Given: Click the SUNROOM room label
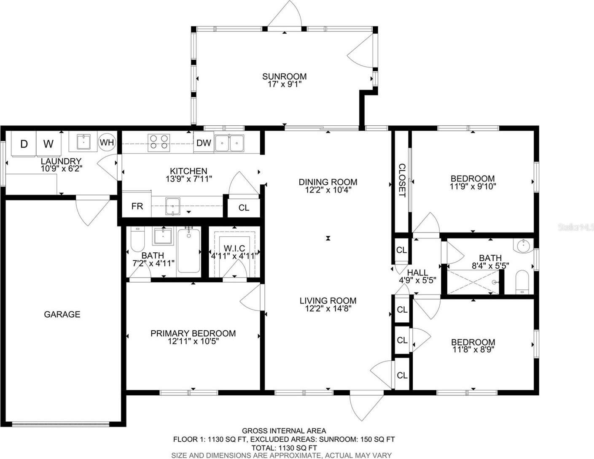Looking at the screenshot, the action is pyautogui.click(x=284, y=76).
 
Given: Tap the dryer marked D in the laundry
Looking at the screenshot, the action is pyautogui.click(x=24, y=144).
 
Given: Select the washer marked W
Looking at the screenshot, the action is pyautogui.click(x=48, y=144).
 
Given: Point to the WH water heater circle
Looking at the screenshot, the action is pyautogui.click(x=107, y=142).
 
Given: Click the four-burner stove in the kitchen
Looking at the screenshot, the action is pyautogui.click(x=159, y=143).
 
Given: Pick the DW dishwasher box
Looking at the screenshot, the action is pyautogui.click(x=204, y=142).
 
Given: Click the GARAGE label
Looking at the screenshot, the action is pyautogui.click(x=62, y=314).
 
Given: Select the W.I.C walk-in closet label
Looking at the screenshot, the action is pyautogui.click(x=234, y=248).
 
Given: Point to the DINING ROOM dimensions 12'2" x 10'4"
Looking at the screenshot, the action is pyautogui.click(x=328, y=189).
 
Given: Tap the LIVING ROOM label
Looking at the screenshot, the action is pyautogui.click(x=328, y=301).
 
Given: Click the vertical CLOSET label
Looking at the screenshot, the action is pyautogui.click(x=402, y=180).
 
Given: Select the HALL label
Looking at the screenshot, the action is pyautogui.click(x=417, y=273).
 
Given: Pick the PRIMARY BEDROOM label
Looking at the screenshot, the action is pyautogui.click(x=193, y=333).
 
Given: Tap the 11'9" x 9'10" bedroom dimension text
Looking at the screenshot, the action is pyautogui.click(x=473, y=186).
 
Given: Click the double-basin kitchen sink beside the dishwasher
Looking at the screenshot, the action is pyautogui.click(x=229, y=143).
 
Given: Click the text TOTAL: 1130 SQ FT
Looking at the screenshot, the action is pyautogui.click(x=284, y=448).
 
